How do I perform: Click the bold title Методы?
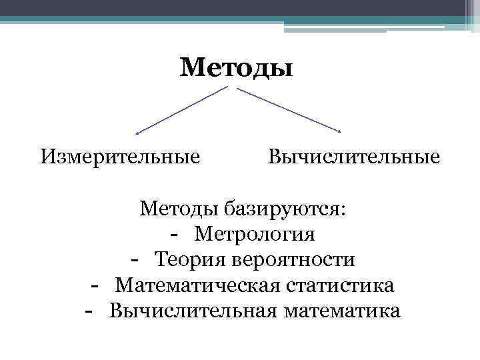coord(236,67)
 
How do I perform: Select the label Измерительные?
coord(120,157)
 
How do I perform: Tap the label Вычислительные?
coord(353,157)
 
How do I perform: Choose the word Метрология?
coord(255,235)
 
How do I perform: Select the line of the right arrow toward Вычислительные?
coord(288,109)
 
